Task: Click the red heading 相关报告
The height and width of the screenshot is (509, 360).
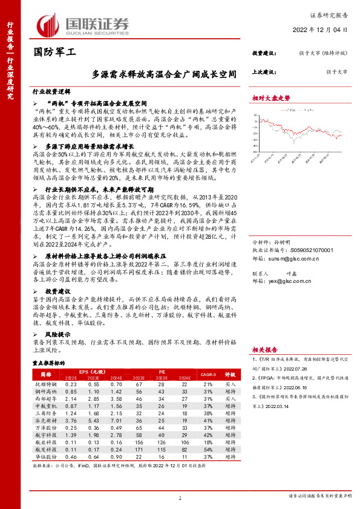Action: pos(265,349)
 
